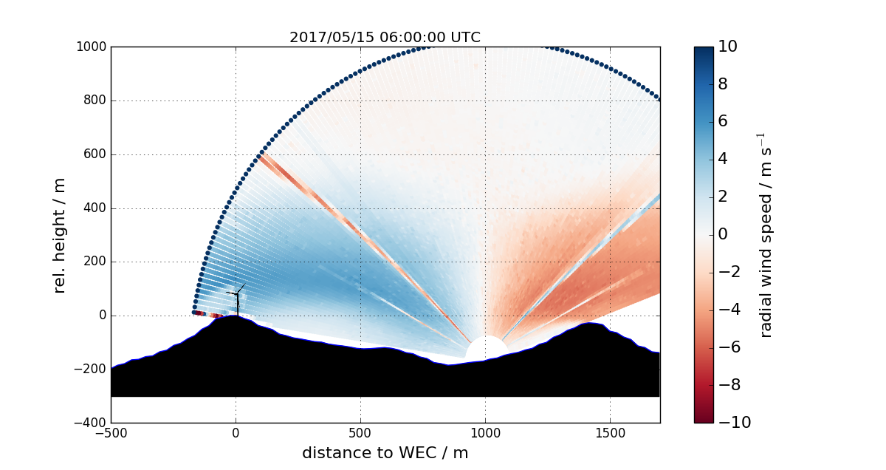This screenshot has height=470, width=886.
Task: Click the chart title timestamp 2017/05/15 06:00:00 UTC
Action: click(x=385, y=37)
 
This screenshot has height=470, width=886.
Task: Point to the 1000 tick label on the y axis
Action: click(x=92, y=47)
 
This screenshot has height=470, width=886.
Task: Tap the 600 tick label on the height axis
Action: click(x=95, y=154)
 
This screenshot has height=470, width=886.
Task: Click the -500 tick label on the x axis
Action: click(x=111, y=432)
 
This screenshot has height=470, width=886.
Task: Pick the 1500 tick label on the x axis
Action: click(x=610, y=432)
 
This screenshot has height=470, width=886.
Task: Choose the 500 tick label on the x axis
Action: click(x=360, y=432)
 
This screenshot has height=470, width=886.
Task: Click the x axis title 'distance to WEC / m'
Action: click(x=385, y=452)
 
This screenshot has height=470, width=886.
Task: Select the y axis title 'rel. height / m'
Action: click(x=60, y=235)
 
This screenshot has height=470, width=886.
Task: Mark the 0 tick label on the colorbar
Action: click(x=723, y=234)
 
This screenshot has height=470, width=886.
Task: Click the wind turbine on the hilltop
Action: click(x=236, y=299)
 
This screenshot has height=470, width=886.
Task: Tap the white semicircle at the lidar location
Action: click(x=486, y=348)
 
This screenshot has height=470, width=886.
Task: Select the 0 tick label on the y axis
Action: click(x=101, y=316)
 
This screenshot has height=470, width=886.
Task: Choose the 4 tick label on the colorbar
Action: click(x=723, y=160)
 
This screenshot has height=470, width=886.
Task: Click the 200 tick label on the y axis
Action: click(x=95, y=262)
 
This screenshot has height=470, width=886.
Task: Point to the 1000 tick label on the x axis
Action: click(x=485, y=432)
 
